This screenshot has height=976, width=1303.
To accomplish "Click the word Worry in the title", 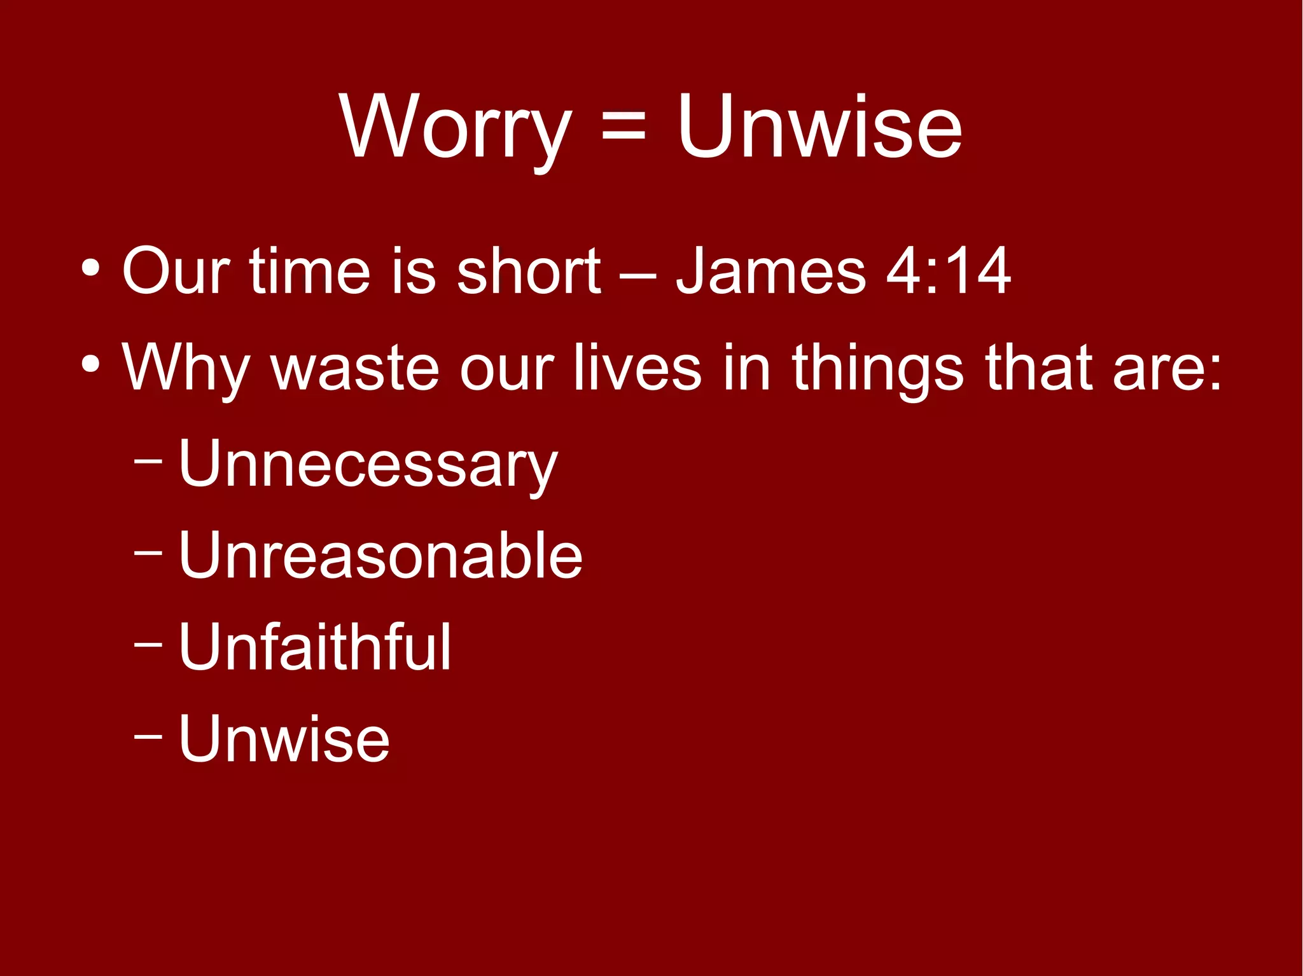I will point(455,127).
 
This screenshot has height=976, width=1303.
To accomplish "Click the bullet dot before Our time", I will point(90,270).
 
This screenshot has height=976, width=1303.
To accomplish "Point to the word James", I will point(770,271).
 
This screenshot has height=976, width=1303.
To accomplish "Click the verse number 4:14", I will point(948,271).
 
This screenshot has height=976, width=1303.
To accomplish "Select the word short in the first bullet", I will point(528,271).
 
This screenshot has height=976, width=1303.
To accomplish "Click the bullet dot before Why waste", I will point(90,365).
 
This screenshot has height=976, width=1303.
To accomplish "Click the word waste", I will point(354,369).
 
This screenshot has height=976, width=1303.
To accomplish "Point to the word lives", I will point(637,369).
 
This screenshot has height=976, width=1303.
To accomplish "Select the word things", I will point(878,369).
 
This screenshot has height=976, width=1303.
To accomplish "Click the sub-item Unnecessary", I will point(368,464).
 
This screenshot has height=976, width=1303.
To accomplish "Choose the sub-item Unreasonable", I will point(380,556).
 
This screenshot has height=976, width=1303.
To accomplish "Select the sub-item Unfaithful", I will point(315,647).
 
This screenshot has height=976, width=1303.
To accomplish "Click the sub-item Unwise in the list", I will point(284,739).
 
